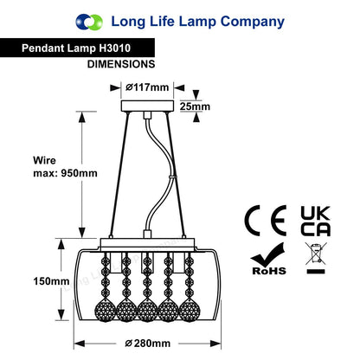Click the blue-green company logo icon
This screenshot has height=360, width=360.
[x=89, y=22]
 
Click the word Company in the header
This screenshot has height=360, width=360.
[x=253, y=22]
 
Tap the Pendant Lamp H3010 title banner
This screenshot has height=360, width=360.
[x=77, y=48]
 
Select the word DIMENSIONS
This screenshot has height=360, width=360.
[x=121, y=64]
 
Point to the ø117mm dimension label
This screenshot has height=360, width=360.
[x=147, y=87]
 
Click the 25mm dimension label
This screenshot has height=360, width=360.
[x=195, y=106]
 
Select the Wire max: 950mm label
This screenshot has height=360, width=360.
[x=65, y=167]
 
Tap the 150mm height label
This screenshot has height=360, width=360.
[x=51, y=281]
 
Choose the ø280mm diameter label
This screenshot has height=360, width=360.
[x=148, y=344]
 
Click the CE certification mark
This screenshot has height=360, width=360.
[x=266, y=221]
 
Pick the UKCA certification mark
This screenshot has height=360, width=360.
[x=315, y=221]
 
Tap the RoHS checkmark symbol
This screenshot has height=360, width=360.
[x=268, y=259]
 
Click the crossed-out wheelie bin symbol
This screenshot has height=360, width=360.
[x=316, y=258]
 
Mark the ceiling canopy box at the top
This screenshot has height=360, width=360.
[x=147, y=106]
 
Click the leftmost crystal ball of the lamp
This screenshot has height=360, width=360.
[x=106, y=311]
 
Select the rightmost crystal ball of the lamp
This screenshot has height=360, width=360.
[x=190, y=311]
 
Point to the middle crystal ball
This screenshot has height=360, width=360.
[x=147, y=311]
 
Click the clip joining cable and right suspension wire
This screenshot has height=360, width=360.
[x=172, y=177]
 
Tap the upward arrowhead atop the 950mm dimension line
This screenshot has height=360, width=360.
[x=82, y=117]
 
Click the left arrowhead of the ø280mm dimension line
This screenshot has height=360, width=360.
[x=80, y=344]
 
